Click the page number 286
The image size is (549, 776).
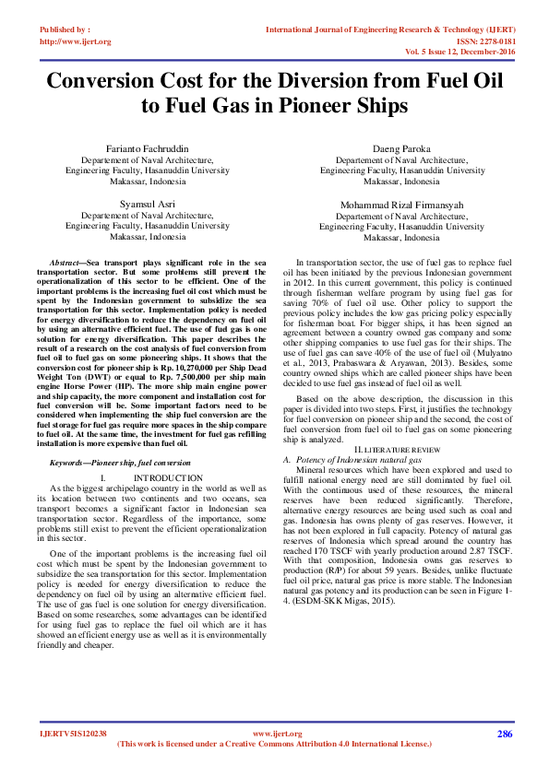(x=504, y=734)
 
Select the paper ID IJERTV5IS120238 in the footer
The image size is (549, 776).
(x=74, y=734)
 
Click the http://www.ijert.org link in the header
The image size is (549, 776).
(x=76, y=41)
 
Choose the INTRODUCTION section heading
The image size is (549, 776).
(x=169, y=477)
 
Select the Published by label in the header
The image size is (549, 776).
(x=65, y=29)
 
